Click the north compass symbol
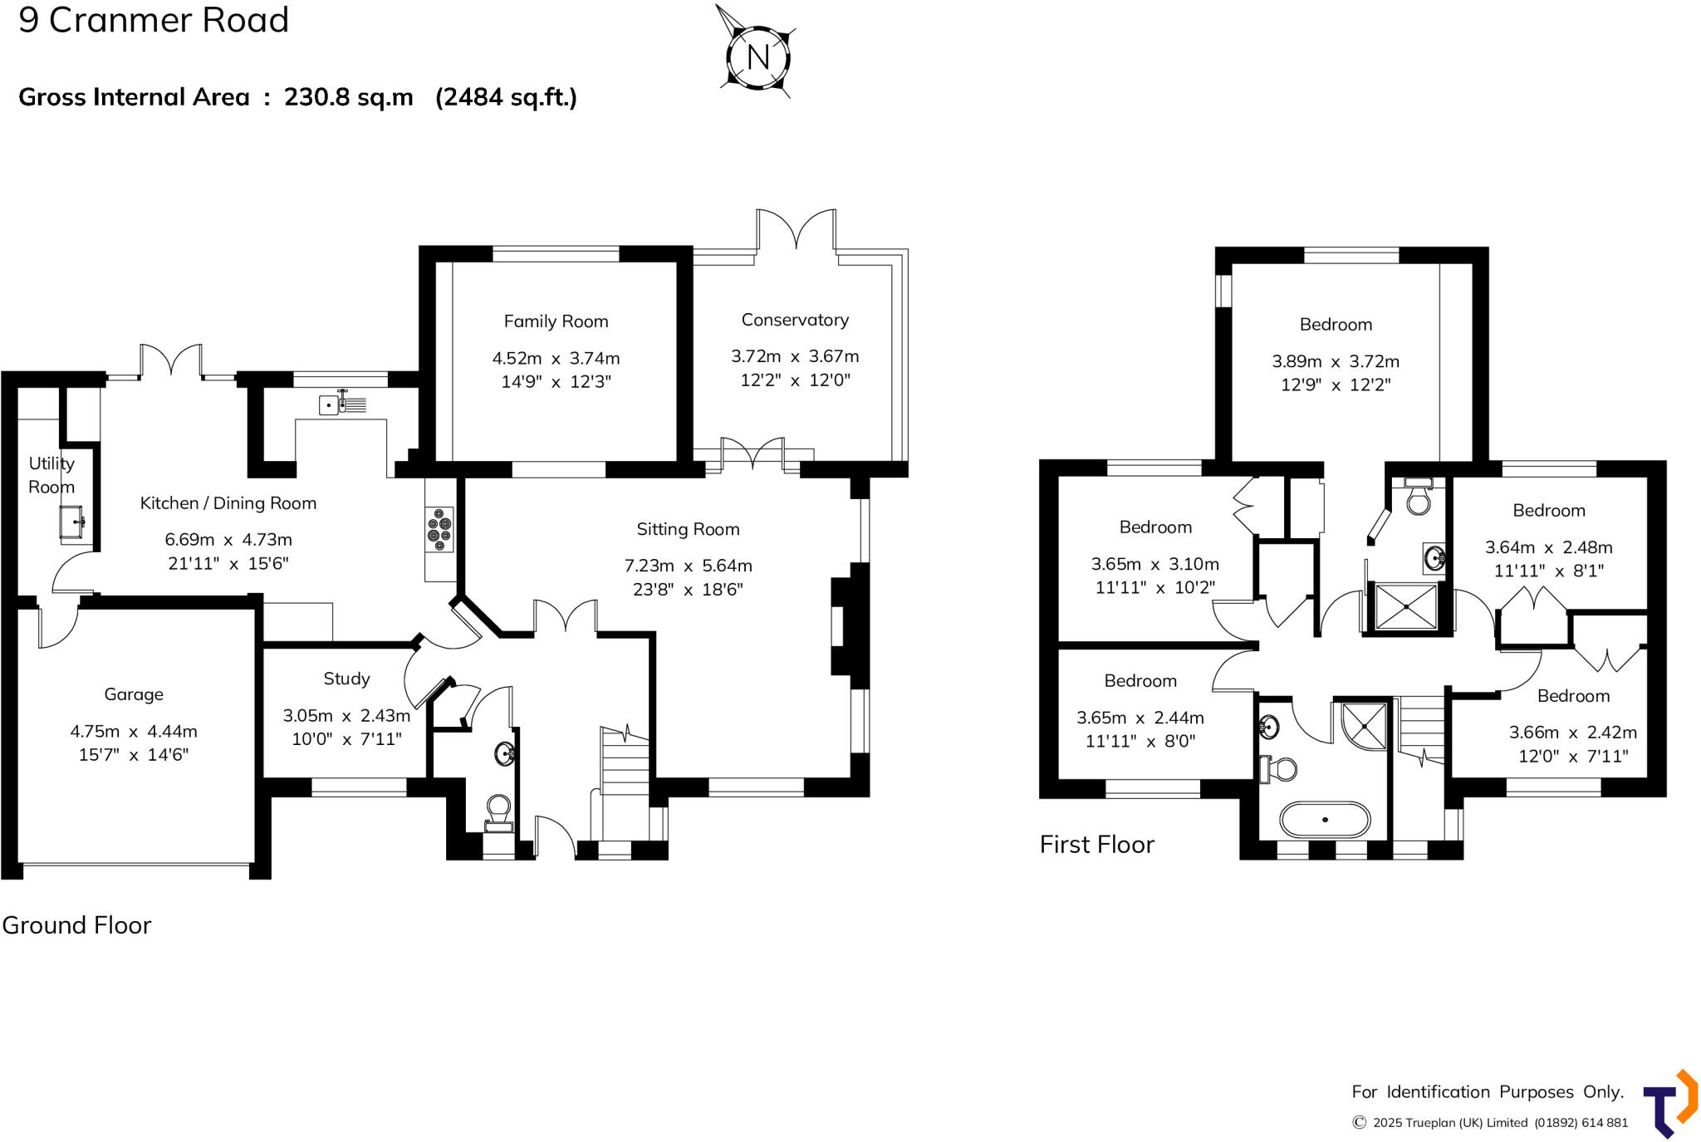[x=757, y=56]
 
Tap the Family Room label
[x=556, y=321]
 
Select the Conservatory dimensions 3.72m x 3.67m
[x=795, y=356]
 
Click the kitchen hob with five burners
[x=440, y=529]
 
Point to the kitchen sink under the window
[x=341, y=404]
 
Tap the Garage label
[x=134, y=694]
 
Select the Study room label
[x=346, y=679]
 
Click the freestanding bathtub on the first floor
[x=1325, y=819]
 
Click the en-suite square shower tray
[x=1406, y=606]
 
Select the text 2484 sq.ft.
[x=506, y=97]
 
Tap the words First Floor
[x=1096, y=845]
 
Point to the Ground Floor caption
[x=76, y=925]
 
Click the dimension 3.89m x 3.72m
[x=1335, y=361]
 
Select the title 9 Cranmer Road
[x=154, y=19]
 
